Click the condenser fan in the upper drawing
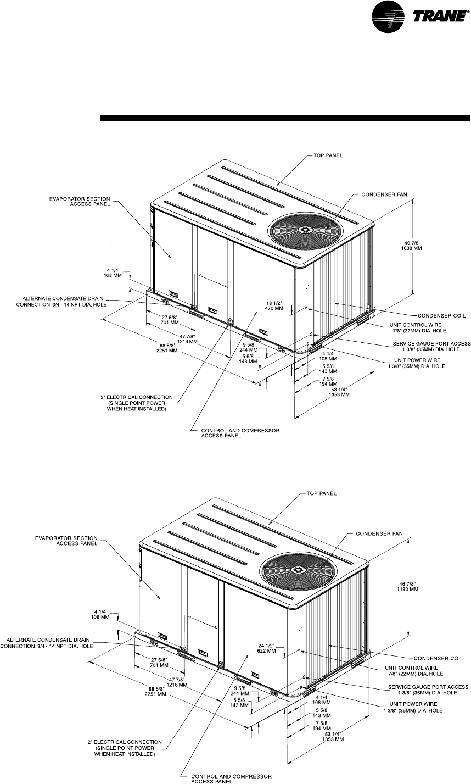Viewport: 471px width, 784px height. (x=306, y=229)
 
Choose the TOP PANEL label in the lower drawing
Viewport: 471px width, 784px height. (x=322, y=493)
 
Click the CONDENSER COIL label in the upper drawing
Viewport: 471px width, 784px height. (x=443, y=316)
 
